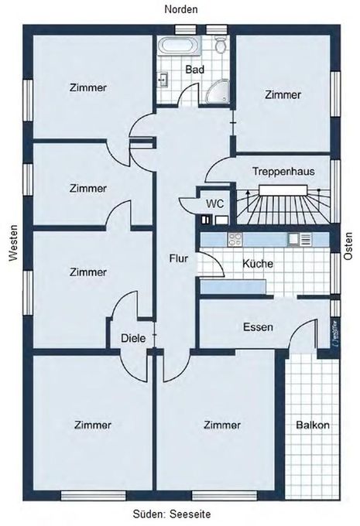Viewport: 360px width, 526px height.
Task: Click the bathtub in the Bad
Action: coord(176,46)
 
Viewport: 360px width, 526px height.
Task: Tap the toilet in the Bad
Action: coord(221,46)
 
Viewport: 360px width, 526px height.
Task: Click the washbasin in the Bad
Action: coord(165,79)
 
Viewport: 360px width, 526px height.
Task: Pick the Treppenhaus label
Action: coord(283,172)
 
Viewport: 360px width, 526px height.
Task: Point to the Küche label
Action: coord(257,264)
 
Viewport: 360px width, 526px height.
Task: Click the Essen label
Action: coord(257,326)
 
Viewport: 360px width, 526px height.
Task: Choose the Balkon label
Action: coord(313,425)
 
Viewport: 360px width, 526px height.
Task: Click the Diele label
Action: coord(132,337)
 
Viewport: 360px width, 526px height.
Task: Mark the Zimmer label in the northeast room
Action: coord(283,95)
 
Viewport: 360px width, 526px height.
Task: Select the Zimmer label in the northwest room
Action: coord(87,87)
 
